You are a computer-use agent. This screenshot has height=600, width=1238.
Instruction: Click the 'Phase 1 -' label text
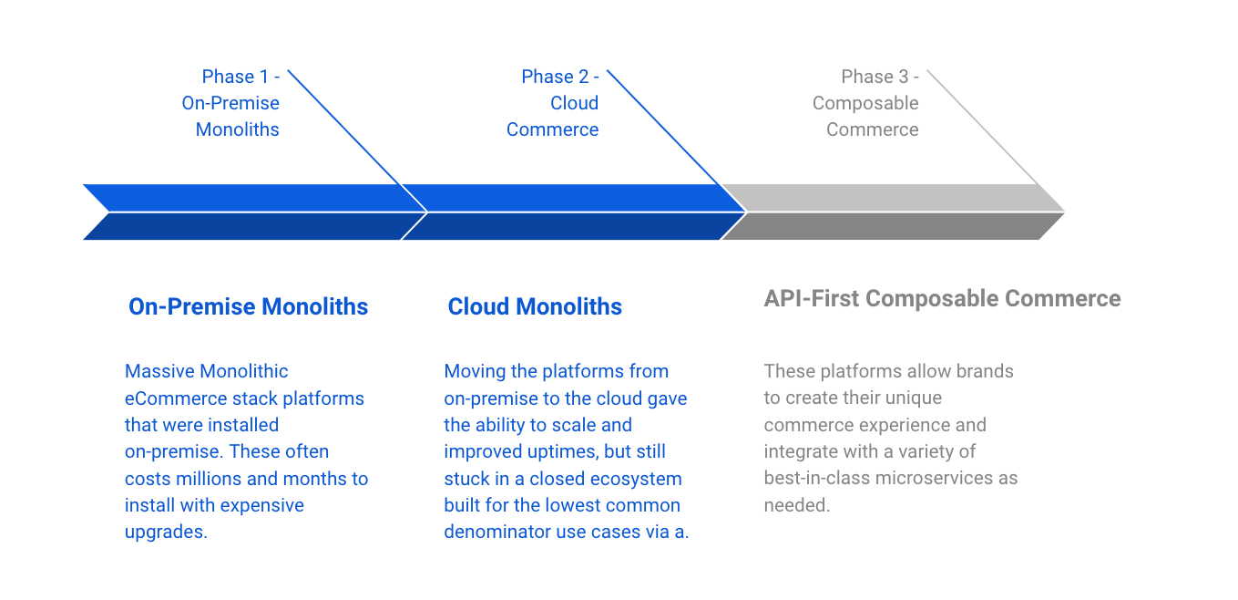coord(240,77)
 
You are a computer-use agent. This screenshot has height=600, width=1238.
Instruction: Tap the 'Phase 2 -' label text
coord(560,77)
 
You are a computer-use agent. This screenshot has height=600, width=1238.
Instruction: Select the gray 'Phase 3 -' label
coord(880,77)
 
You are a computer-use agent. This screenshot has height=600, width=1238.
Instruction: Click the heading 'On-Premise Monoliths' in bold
coord(249,306)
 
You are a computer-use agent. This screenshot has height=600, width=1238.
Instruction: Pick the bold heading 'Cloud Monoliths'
coord(535,306)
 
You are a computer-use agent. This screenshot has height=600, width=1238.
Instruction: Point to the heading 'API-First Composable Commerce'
coord(942,298)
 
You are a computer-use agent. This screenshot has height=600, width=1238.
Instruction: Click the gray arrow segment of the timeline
coord(893,212)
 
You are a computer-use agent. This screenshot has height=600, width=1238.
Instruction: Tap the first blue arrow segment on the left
coord(246,212)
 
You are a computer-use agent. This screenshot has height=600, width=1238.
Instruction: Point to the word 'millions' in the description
coord(201,479)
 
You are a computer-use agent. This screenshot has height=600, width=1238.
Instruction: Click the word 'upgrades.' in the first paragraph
coord(166,532)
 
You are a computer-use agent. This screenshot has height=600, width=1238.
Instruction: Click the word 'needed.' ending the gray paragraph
coord(797,505)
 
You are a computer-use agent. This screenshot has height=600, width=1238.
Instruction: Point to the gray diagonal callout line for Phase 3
coord(984,128)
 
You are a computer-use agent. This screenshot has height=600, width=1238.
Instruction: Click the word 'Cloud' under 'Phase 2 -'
coord(574,103)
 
